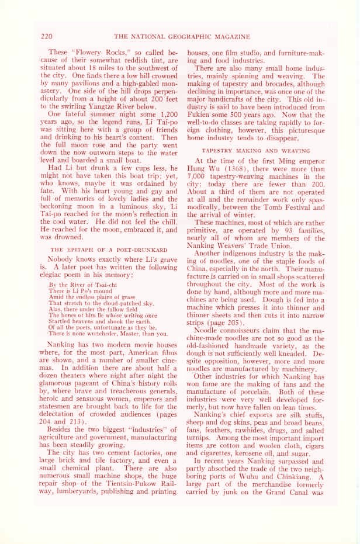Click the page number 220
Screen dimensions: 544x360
coord(47,36)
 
